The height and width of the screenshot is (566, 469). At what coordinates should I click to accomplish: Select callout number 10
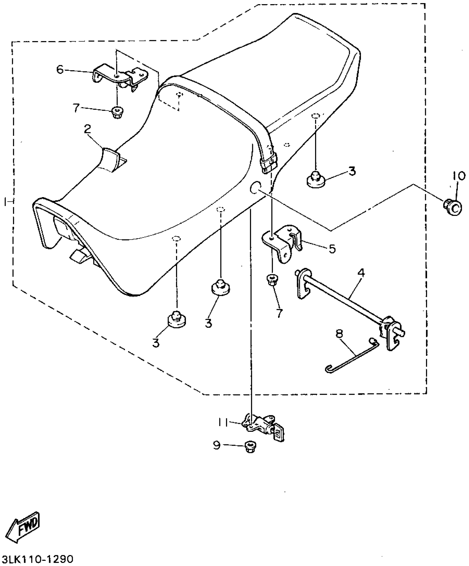point(459,175)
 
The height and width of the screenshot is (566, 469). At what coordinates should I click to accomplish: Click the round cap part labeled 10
point(453,207)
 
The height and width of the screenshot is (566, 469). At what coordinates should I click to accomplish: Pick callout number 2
point(87,129)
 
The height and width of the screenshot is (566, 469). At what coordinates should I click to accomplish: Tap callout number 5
point(332,248)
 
